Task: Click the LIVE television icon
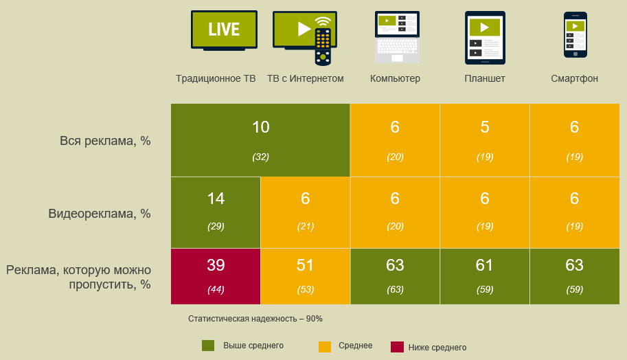click(224, 30)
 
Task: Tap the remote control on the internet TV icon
click(322, 47)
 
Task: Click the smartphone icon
click(574, 35)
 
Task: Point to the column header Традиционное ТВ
click(216, 78)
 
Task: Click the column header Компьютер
click(395, 78)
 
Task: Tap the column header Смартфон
click(574, 78)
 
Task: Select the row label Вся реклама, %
click(105, 141)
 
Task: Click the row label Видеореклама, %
click(100, 214)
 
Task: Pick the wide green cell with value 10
click(260, 140)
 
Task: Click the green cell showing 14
click(216, 212)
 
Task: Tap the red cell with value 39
click(216, 276)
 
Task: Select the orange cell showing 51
click(305, 276)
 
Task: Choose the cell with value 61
click(485, 276)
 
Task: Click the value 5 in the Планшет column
click(485, 127)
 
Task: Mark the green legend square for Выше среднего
click(208, 346)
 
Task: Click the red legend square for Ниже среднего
click(396, 347)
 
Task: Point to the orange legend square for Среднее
click(325, 347)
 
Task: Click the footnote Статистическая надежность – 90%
click(255, 319)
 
